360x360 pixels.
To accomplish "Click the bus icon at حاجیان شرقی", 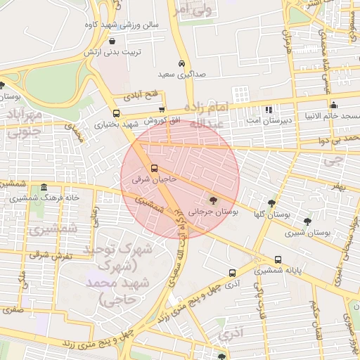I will click(x=155, y=168).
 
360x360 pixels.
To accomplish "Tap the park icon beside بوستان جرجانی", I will click(x=214, y=199).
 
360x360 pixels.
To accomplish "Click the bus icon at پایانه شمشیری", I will click(x=278, y=259).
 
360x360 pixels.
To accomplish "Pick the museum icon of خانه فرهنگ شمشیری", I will click(x=44, y=187).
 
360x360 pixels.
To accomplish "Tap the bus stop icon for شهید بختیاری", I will click(x=116, y=113).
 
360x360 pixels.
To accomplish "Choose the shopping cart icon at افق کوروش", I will click(x=162, y=110).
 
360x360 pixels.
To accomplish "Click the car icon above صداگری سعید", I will click(x=182, y=63).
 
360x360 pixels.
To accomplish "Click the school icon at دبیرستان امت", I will click(x=268, y=110).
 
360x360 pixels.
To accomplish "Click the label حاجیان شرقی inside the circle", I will click(x=152, y=180).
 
